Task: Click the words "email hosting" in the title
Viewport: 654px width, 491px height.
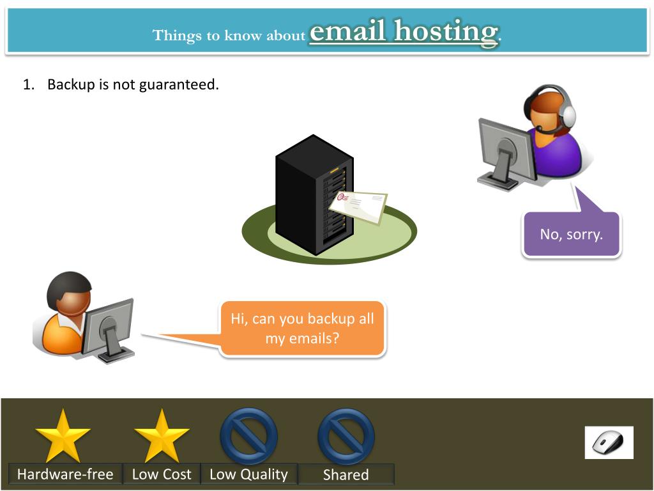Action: pos(402,32)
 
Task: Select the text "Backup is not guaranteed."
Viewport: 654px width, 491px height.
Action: pos(133,84)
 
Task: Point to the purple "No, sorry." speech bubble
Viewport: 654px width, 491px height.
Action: pos(571,234)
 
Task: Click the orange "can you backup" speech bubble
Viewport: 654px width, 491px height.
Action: pos(302,328)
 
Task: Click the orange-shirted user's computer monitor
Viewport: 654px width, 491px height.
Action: pos(108,325)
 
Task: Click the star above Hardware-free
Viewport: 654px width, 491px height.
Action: pos(63,436)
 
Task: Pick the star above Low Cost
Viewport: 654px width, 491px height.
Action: pos(162,436)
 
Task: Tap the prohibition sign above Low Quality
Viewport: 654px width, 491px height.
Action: pos(248,436)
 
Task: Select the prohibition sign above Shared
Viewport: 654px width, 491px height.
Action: pos(346,436)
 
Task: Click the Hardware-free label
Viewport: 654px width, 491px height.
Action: pos(65,474)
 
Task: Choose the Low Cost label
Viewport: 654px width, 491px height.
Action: pos(162,474)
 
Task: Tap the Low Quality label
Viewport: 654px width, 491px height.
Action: pos(248,474)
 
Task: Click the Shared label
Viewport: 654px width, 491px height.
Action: pos(346,474)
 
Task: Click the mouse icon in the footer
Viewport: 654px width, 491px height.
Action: pos(609,442)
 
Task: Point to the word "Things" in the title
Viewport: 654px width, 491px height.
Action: pos(177,35)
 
